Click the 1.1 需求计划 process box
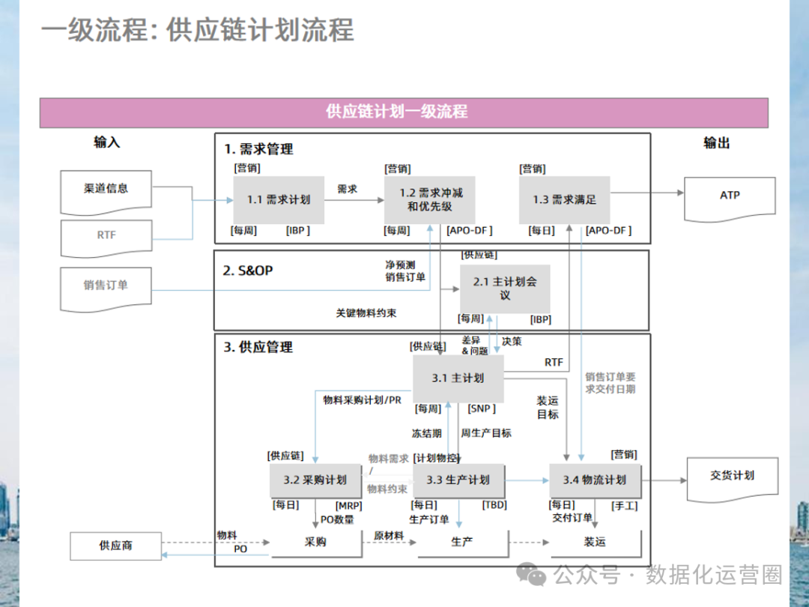tap(279, 200)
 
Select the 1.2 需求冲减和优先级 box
tap(430, 200)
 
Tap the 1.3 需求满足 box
tap(564, 200)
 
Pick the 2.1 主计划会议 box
tap(505, 289)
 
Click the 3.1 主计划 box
tap(458, 378)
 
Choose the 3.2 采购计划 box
tap(315, 480)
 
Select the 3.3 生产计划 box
tap(458, 480)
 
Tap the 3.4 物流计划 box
tap(594, 480)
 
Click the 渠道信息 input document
tap(106, 189)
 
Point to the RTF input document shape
tap(106, 235)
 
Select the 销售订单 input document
tap(106, 286)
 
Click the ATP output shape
tap(730, 196)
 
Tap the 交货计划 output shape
tap(732, 477)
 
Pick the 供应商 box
tap(115, 546)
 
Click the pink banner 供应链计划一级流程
tap(404, 112)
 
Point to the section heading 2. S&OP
tap(248, 271)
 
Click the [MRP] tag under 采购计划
tap(348, 506)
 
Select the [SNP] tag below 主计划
tap(482, 408)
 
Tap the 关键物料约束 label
tap(366, 313)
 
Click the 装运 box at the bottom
tap(595, 542)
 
